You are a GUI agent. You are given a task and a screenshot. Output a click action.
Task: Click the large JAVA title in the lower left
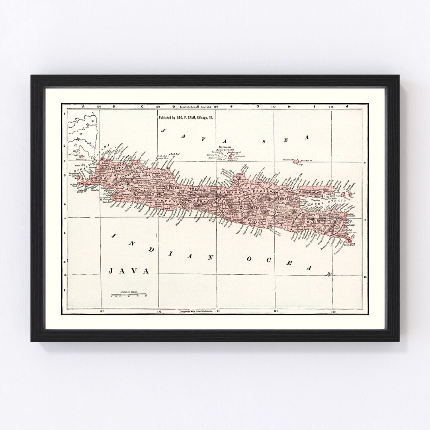pos(129,271)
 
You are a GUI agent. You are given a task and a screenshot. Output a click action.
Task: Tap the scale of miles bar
pos(129,295)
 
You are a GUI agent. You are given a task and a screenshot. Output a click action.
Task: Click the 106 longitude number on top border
pos(99,107)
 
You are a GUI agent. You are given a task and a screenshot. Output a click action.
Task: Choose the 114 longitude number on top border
pos(331,107)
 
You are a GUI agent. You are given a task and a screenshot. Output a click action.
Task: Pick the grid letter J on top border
pos(347,107)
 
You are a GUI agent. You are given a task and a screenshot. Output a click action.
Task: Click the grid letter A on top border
pos(83,107)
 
